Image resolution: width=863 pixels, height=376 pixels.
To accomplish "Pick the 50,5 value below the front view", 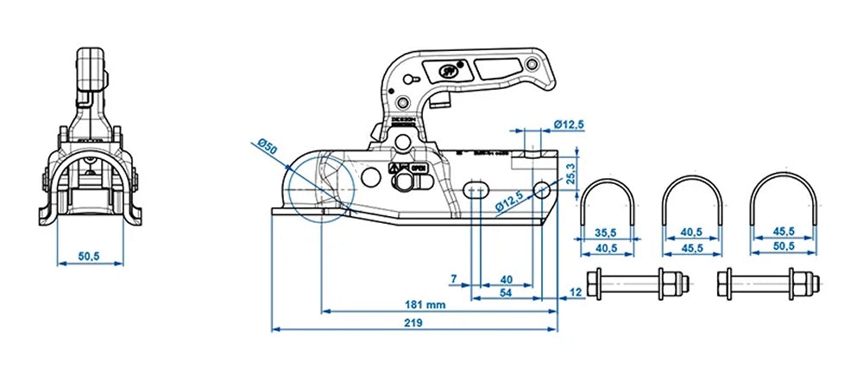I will tap(89, 257).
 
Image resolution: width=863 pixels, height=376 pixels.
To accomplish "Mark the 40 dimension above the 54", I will tap(507, 278).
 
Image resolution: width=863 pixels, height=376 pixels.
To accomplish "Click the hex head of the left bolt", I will tap(594, 284).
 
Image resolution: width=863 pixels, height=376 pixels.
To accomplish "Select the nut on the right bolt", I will tap(802, 284).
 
